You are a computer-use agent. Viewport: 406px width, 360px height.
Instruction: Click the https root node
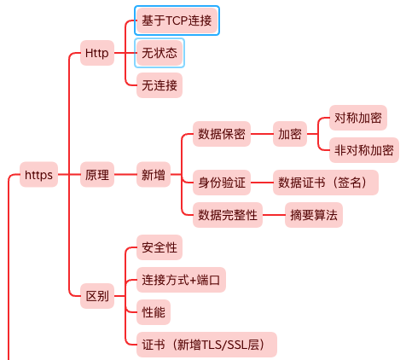click(38, 175)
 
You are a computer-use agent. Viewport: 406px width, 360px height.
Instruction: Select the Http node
click(97, 53)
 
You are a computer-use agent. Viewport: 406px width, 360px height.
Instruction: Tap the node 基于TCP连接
click(177, 20)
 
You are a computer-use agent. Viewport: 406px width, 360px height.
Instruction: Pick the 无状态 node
click(159, 53)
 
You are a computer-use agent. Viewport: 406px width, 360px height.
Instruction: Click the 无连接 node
click(159, 85)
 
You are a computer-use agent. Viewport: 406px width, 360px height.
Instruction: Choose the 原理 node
click(97, 175)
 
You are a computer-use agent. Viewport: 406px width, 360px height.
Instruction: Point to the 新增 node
click(154, 175)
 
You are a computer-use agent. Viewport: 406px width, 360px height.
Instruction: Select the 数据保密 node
click(222, 134)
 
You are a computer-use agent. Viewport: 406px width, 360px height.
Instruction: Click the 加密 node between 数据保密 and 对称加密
click(290, 134)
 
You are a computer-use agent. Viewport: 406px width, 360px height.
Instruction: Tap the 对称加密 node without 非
click(358, 118)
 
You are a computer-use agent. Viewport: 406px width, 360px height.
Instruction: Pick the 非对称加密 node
click(364, 150)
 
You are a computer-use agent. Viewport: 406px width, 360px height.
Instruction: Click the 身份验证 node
click(222, 183)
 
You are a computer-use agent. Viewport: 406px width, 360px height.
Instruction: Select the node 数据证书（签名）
click(326, 183)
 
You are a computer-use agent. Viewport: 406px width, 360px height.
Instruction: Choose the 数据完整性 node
click(228, 215)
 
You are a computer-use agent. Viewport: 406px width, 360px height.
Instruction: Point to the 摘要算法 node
click(314, 215)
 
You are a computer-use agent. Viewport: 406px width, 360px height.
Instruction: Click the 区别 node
click(97, 296)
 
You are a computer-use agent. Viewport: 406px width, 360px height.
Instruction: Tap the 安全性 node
click(159, 247)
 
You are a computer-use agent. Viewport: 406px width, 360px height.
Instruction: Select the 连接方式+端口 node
click(181, 280)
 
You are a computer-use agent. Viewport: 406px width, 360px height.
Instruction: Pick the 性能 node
click(154, 312)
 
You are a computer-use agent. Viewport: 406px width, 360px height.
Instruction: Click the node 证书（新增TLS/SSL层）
click(206, 345)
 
